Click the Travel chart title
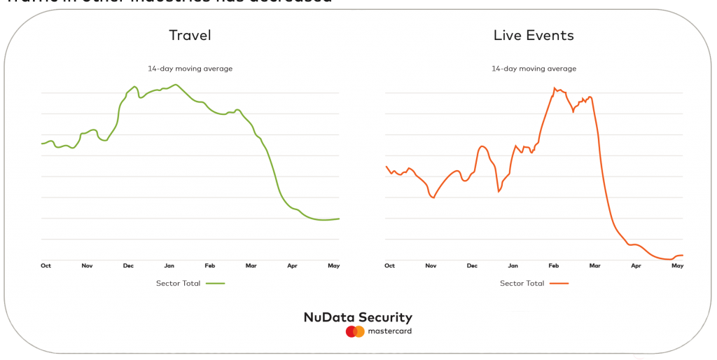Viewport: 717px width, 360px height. tap(190, 35)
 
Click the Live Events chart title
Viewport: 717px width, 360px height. tap(534, 35)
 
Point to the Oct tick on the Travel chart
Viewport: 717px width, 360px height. tap(46, 266)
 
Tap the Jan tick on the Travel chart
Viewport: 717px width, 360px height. tap(169, 266)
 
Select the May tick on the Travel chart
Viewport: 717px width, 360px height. tap(334, 266)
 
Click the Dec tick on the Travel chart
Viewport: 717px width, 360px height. tap(128, 266)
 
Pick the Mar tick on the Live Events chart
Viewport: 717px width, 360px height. tap(594, 266)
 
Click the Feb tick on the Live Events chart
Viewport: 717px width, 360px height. tap(554, 266)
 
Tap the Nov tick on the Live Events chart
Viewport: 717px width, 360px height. tap(431, 266)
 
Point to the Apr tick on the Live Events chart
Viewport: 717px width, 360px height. tap(636, 266)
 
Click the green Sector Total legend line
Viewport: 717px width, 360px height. tap(215, 284)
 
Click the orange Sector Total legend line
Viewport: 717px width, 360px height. tap(559, 284)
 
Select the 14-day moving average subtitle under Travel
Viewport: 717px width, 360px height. tap(190, 69)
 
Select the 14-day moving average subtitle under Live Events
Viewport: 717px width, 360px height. tap(534, 69)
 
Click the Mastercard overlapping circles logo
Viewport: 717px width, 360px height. tap(355, 331)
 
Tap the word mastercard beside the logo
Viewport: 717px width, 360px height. tap(389, 331)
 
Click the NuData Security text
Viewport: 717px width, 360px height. tap(358, 317)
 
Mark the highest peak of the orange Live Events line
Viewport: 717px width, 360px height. tap(555, 88)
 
